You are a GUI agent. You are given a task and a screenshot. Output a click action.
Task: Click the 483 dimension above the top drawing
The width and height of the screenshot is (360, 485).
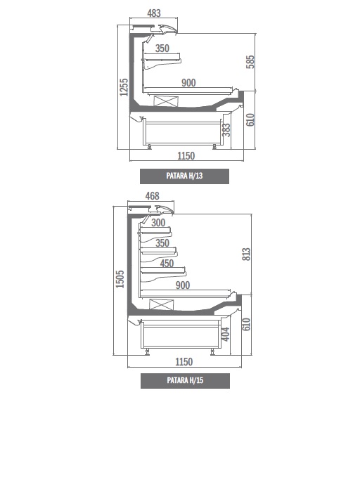(x=154, y=13)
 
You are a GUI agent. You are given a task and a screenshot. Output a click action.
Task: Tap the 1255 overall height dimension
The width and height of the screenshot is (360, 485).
(x=124, y=87)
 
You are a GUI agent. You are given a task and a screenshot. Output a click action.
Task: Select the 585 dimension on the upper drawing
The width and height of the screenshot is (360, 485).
(x=250, y=62)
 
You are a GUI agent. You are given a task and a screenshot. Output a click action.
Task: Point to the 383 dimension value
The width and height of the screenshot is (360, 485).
(x=226, y=130)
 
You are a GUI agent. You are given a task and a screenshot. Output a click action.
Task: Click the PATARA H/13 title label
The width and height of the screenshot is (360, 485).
(x=185, y=176)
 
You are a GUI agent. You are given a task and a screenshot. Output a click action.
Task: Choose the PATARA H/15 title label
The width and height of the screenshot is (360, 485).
(x=185, y=380)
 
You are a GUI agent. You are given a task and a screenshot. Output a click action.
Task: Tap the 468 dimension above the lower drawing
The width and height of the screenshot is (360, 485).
(x=152, y=196)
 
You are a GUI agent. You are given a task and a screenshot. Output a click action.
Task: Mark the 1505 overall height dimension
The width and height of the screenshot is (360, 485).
(x=120, y=279)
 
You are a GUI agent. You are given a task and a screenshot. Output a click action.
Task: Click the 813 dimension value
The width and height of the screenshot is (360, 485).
(x=246, y=254)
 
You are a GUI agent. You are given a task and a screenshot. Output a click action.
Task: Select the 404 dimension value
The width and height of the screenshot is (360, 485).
(x=226, y=334)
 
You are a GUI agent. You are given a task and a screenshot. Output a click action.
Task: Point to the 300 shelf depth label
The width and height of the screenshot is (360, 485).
(x=158, y=222)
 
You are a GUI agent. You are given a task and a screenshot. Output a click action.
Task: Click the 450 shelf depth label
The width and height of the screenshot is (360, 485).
(x=167, y=263)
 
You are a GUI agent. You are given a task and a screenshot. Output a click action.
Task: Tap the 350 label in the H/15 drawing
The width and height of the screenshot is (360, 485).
(x=162, y=242)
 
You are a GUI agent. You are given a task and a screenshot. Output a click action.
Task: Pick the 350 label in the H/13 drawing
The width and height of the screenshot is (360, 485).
(x=162, y=48)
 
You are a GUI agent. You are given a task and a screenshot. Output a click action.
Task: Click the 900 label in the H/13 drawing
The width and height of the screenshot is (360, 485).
(x=188, y=82)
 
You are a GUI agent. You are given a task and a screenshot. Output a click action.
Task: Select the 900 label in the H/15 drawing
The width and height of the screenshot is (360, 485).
(x=183, y=285)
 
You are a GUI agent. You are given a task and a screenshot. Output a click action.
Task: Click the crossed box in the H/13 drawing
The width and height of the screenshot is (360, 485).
(x=166, y=101)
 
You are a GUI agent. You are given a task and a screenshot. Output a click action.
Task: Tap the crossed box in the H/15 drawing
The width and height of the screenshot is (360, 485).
(x=162, y=304)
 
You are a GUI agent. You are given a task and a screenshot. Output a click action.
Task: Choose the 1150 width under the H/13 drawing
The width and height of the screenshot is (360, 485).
(x=186, y=155)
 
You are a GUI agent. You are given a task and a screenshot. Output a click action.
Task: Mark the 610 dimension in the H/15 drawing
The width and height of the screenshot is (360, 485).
(x=246, y=324)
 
